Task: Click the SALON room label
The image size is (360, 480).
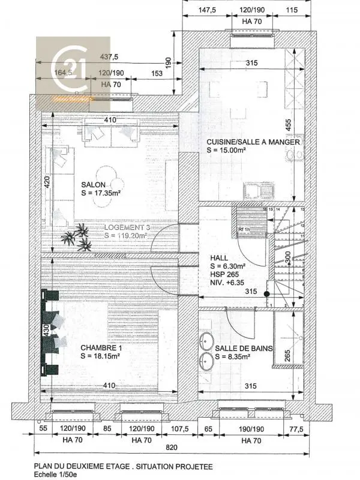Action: [93, 185]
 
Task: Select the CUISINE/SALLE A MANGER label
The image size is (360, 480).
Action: [253, 142]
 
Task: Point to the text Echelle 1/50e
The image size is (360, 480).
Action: [56, 474]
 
